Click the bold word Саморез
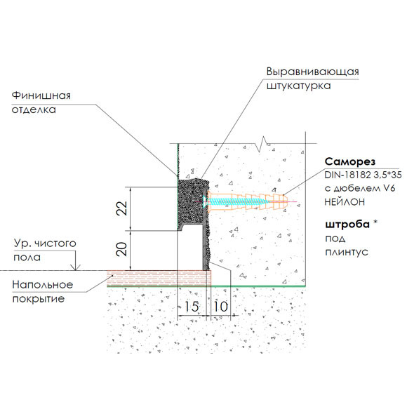tap(347, 161)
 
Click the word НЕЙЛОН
tap(343, 201)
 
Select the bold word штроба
tap(344, 226)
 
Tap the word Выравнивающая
tap(312, 72)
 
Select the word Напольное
tap(43, 285)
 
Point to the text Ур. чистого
tap(44, 243)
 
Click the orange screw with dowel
tap(246, 202)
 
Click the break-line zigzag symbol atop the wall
tap(265, 143)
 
